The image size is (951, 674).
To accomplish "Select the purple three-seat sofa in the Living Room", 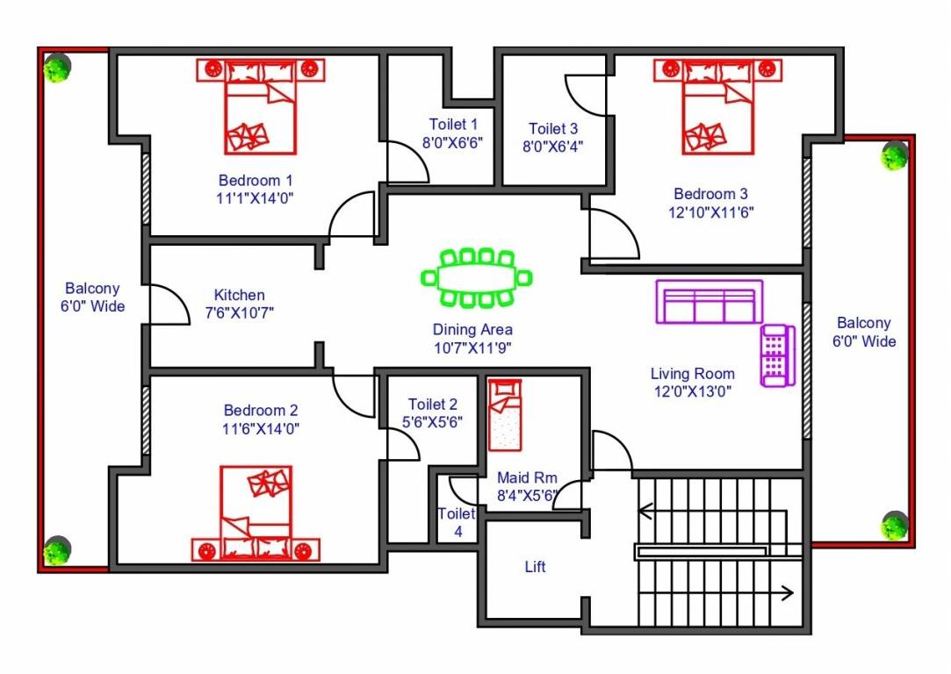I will (709, 303).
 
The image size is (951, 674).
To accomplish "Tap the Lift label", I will (535, 567).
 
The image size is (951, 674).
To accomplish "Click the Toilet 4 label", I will (457, 522).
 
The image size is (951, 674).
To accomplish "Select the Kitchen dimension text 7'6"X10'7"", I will (240, 312).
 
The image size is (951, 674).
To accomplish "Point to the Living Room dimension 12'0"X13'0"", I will (692, 391).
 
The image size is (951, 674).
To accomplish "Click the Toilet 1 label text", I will (453, 125).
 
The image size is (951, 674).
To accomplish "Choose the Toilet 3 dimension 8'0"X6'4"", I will (553, 147).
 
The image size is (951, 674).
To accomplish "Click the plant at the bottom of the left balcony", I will (56, 550).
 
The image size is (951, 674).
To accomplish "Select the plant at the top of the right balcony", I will (895, 155).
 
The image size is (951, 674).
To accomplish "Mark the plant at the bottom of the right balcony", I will (894, 526).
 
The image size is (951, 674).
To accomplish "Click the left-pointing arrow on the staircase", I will (645, 509).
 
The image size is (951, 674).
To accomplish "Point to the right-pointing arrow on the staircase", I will (786, 592).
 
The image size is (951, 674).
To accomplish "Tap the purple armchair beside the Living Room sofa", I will (777, 355).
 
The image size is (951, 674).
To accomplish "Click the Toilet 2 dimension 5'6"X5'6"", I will (433, 421).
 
